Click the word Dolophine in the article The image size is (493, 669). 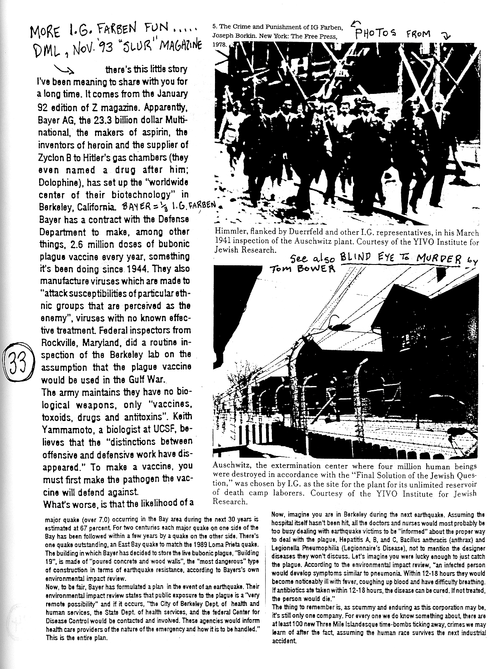click(x=56, y=182)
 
